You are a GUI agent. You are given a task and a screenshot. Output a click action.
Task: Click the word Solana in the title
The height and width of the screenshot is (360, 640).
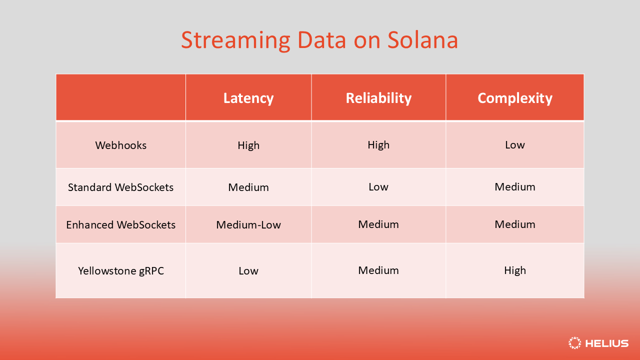pyautogui.click(x=422, y=40)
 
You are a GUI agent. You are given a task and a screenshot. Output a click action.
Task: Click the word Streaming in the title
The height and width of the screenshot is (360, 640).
pyautogui.click(x=235, y=41)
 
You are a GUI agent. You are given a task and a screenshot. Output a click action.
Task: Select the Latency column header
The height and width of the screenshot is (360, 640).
pyautogui.click(x=248, y=98)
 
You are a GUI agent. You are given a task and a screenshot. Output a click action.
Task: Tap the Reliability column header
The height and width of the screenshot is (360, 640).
pyautogui.click(x=378, y=98)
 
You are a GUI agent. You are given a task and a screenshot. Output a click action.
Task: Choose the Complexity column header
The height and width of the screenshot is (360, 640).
pyautogui.click(x=515, y=98)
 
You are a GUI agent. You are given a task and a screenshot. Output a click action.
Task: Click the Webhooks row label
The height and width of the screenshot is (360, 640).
pyautogui.click(x=120, y=145)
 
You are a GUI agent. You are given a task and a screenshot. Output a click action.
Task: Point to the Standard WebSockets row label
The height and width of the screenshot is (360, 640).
pyautogui.click(x=120, y=187)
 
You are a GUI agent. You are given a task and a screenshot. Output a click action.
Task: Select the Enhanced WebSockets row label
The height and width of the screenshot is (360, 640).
pyautogui.click(x=120, y=224)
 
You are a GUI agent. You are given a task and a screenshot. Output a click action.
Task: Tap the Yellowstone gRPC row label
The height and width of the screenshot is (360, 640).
pyautogui.click(x=120, y=270)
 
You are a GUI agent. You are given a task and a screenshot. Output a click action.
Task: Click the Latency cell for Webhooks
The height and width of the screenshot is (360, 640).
pyautogui.click(x=248, y=145)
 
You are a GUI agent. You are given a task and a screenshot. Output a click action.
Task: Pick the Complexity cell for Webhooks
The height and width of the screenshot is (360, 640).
pyautogui.click(x=515, y=144)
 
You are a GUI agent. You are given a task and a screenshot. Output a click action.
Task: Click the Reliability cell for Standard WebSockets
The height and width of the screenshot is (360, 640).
pyautogui.click(x=378, y=186)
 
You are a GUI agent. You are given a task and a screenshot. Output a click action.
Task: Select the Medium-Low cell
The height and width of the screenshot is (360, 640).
pyautogui.click(x=248, y=224)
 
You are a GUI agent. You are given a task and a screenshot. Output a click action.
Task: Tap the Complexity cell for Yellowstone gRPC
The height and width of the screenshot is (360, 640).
pyautogui.click(x=515, y=270)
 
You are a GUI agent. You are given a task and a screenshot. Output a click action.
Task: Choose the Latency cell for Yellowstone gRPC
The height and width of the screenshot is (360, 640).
pyautogui.click(x=248, y=270)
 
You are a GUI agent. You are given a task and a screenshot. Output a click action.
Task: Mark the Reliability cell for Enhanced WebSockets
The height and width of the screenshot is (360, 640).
pyautogui.click(x=378, y=224)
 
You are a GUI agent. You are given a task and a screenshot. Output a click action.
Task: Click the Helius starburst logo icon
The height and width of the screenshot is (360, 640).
pyautogui.click(x=574, y=343)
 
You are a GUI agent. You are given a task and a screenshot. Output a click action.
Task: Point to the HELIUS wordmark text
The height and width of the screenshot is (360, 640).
pyautogui.click(x=607, y=343)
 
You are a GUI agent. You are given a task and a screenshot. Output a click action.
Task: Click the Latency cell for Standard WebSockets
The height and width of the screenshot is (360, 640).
pyautogui.click(x=248, y=187)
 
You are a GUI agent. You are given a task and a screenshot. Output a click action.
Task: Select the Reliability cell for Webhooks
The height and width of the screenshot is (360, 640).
pyautogui.click(x=378, y=144)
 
